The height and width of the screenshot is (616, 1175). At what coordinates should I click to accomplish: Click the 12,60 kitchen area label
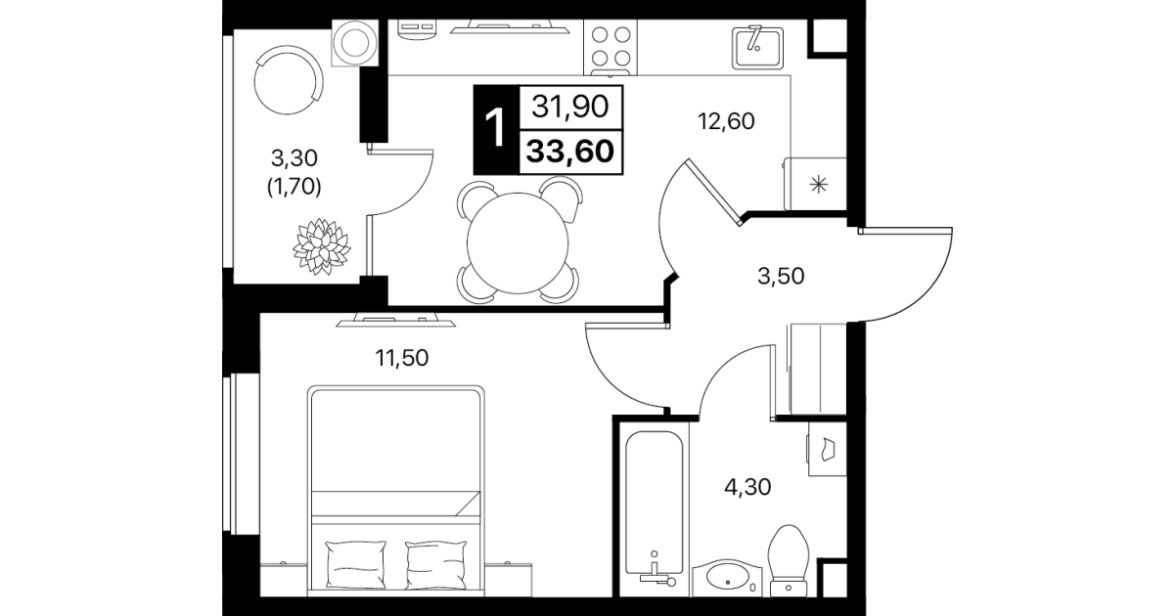click(726, 122)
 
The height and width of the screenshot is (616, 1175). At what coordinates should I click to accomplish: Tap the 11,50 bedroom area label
click(402, 359)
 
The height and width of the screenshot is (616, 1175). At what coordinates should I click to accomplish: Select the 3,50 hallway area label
click(781, 277)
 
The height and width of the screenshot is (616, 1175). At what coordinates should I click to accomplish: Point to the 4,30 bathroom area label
click(747, 488)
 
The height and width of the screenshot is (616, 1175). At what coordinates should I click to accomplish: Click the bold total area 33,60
click(570, 152)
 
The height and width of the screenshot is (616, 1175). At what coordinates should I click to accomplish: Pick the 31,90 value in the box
click(570, 107)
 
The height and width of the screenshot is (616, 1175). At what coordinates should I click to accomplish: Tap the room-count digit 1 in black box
click(496, 129)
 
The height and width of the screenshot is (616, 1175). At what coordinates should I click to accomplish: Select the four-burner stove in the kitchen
click(610, 47)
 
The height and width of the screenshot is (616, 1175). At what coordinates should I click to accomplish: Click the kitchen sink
click(757, 48)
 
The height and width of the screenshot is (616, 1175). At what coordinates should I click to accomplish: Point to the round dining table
click(518, 243)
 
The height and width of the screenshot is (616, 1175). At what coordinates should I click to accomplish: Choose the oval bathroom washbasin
click(727, 578)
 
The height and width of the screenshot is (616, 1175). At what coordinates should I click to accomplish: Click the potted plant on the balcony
click(322, 246)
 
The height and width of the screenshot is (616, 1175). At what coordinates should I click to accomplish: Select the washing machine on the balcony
click(354, 43)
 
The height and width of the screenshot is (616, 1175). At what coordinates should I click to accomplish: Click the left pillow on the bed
click(356, 564)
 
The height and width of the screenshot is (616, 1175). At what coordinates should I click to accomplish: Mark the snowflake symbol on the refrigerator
click(819, 185)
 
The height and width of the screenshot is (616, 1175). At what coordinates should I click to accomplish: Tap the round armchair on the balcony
click(289, 79)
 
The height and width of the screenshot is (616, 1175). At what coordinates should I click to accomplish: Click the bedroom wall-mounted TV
click(396, 320)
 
